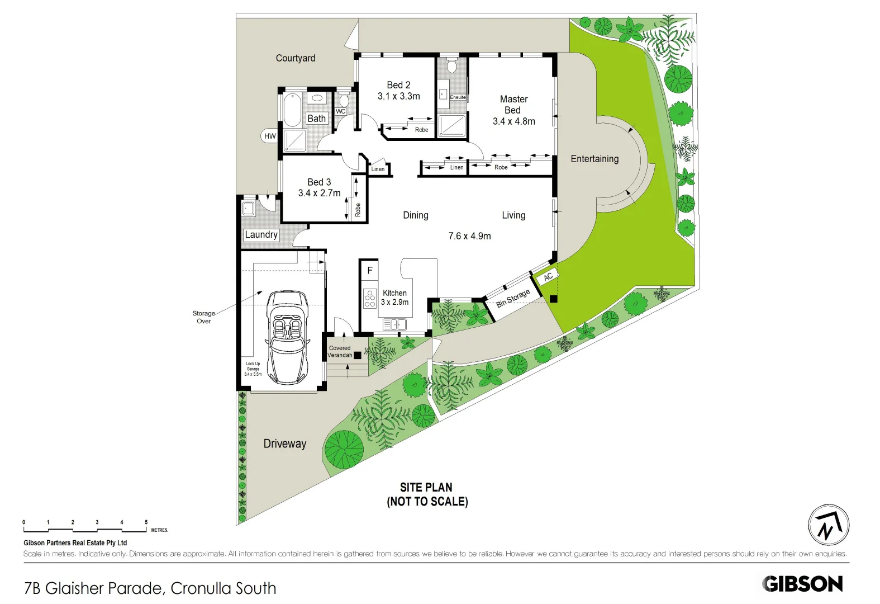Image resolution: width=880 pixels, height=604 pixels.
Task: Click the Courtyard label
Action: (x=295, y=58)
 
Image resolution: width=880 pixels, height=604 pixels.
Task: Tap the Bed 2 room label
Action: (x=398, y=85)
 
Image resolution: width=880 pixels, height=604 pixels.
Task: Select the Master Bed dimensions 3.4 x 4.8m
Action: (x=513, y=121)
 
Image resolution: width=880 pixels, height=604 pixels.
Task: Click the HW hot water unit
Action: (x=270, y=136)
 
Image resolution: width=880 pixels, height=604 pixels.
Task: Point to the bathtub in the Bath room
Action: (x=292, y=111)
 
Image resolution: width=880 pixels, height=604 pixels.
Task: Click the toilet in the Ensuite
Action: (x=451, y=66)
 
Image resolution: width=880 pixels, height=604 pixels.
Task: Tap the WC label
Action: (x=340, y=111)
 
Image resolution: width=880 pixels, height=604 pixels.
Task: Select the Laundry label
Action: (x=261, y=235)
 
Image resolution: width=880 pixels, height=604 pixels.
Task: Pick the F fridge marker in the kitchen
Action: (x=369, y=271)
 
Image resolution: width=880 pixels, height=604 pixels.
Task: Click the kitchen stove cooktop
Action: (x=369, y=299)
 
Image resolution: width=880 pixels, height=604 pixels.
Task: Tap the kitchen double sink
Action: (x=394, y=324)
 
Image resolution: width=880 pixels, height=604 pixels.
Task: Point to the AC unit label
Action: (x=548, y=276)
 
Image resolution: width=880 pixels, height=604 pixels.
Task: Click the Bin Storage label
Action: (x=513, y=298)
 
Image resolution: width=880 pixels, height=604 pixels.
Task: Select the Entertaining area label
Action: (x=594, y=159)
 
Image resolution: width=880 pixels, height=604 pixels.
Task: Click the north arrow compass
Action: (x=829, y=525)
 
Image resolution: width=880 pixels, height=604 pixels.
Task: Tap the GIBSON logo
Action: (x=802, y=584)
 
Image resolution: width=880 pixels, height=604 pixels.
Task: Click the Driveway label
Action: (x=285, y=443)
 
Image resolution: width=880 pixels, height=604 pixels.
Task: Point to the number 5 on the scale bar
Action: (x=146, y=522)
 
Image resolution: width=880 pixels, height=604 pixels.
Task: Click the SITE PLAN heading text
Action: (x=426, y=487)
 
